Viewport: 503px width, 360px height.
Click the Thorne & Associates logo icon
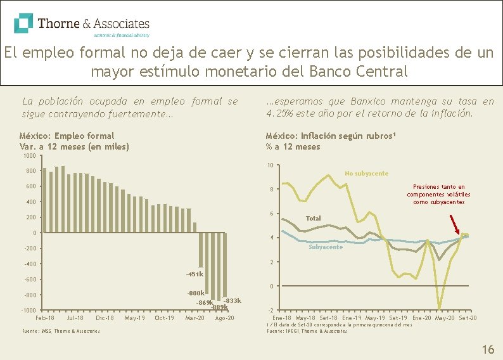[x=23, y=23]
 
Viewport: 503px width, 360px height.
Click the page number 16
[x=488, y=349]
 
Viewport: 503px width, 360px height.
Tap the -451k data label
[x=194, y=274]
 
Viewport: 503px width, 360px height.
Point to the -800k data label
[x=196, y=293]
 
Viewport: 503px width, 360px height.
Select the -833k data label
[x=232, y=300]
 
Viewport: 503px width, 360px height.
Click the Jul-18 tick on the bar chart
[x=75, y=318]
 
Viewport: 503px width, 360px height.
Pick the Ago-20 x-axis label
[x=224, y=318]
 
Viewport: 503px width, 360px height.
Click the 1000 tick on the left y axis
[x=29, y=156]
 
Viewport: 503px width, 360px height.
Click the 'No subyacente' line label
[x=366, y=174]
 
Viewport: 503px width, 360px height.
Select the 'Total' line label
[x=313, y=219]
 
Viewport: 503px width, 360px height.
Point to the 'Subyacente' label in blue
[x=326, y=247]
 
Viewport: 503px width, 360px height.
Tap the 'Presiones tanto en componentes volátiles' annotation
[x=438, y=195]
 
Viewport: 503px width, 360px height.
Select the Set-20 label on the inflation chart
[x=468, y=318]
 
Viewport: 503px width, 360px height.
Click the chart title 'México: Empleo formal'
[x=67, y=136]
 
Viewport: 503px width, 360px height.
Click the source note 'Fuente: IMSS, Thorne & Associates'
[x=61, y=331]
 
